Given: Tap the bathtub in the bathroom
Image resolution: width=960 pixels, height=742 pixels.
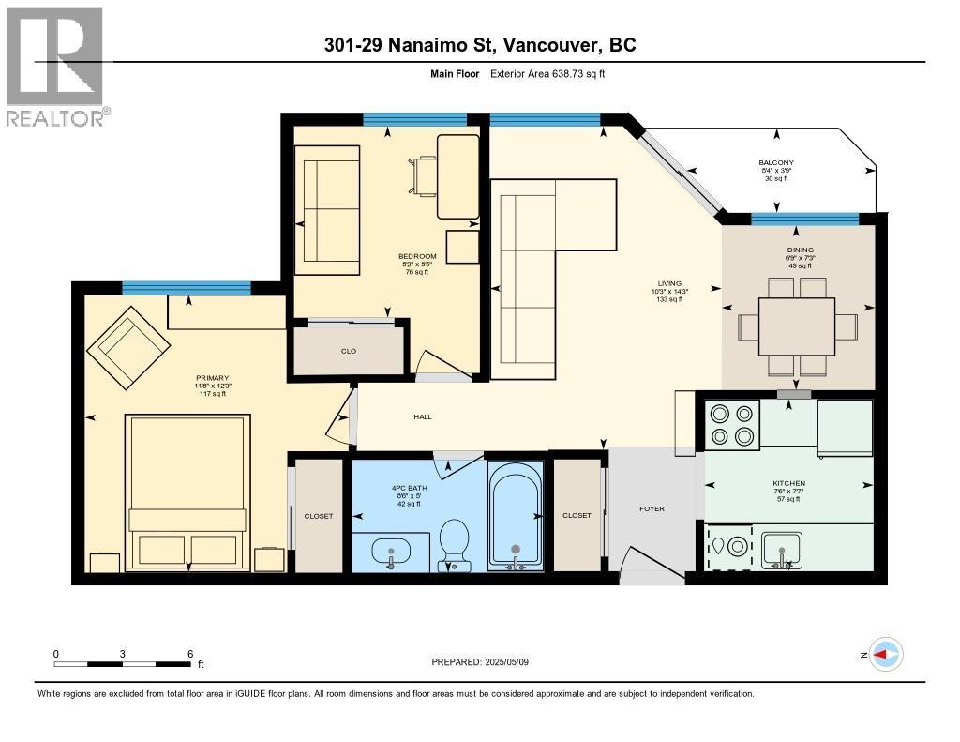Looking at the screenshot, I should coord(514,515).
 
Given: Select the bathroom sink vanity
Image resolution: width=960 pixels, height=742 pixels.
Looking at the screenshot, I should coord(391,552).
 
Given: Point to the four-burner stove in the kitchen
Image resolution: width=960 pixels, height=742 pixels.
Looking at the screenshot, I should coord(731,424).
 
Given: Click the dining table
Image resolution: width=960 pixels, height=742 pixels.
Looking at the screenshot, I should coord(797,326).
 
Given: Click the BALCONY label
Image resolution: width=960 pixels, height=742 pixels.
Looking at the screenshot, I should coord(775,162).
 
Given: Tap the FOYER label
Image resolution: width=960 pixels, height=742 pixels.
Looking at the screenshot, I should coord(652,508).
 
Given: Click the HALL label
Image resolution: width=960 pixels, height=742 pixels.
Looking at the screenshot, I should coord(422,416).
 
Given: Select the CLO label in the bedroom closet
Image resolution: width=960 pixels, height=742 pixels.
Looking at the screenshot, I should coord(349,351).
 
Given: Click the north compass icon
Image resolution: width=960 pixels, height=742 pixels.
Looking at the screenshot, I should coord(885,654).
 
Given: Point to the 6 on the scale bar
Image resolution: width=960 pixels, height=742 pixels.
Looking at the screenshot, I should coord(190,654).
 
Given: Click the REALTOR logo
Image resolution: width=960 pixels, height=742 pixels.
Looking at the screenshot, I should coord(56,66).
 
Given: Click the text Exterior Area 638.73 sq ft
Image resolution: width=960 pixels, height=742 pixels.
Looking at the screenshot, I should coord(547,73).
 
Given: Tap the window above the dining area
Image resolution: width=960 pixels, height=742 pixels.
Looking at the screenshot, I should coord(804,219).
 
